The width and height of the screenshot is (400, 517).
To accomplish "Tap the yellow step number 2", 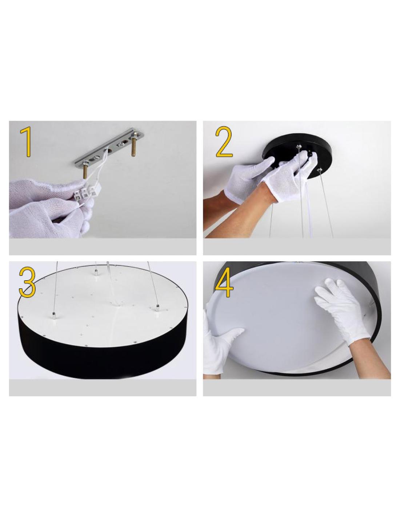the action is coord(224,142).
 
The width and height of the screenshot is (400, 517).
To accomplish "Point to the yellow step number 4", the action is coord(224,282).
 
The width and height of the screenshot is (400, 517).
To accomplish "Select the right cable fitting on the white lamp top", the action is coord(157,307).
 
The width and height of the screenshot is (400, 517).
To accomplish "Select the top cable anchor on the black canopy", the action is coord(298,145).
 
